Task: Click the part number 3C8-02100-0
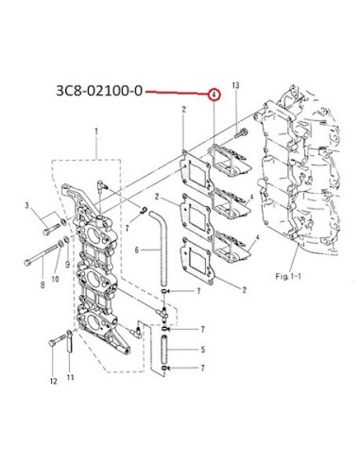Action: click(99, 91)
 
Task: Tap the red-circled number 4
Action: click(214, 95)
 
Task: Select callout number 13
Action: click(236, 85)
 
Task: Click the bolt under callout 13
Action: click(242, 133)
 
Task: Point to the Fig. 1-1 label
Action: click(288, 276)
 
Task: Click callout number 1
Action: click(96, 130)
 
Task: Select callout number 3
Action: click(27, 205)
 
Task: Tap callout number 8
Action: click(43, 285)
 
